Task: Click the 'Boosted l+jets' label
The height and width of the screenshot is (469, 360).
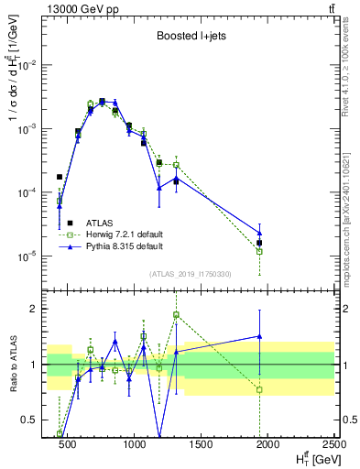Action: pos(191,38)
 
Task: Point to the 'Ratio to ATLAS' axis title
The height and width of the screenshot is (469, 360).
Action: pos(14,364)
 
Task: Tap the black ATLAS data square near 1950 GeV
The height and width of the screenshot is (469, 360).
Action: pos(260,243)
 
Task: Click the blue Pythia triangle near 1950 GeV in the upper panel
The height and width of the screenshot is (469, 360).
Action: pos(260,233)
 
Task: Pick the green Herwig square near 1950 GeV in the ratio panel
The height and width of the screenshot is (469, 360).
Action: pos(260,389)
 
